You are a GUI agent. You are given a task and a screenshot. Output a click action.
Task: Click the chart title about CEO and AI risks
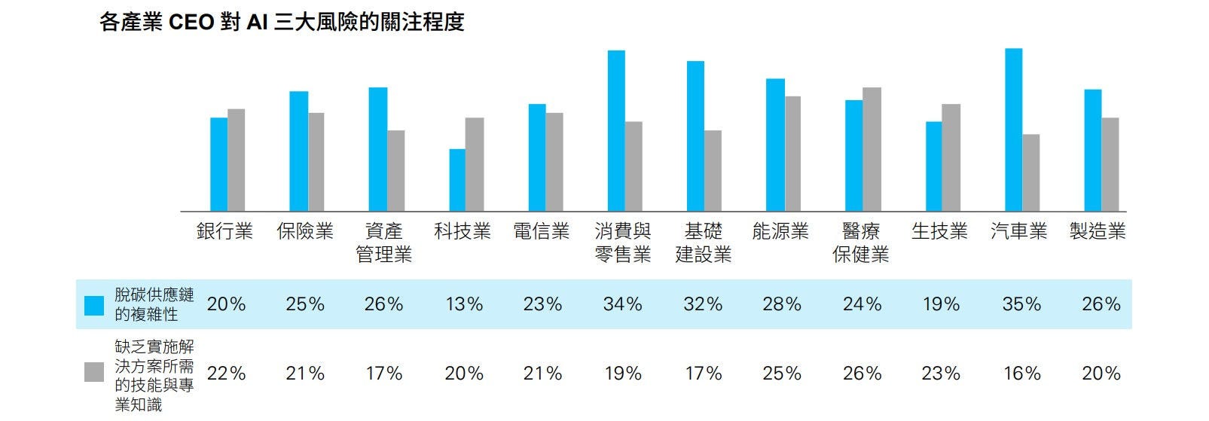pos(282,23)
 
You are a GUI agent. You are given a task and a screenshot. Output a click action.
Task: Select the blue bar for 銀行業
pos(218,164)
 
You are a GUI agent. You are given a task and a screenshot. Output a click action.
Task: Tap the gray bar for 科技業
pos(475,164)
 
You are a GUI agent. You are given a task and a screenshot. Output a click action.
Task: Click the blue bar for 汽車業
pos(1014,130)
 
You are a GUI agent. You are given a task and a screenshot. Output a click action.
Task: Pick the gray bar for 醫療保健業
pos(872,149)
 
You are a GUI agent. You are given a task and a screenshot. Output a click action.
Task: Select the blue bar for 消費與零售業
pos(616,131)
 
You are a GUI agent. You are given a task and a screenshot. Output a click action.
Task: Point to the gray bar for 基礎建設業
pos(713,171)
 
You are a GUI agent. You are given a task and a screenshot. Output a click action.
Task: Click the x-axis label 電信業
pos(541,231)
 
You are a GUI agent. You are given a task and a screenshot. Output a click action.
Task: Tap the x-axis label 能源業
pos(780,231)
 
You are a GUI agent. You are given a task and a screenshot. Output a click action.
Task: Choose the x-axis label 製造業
pos(1098,231)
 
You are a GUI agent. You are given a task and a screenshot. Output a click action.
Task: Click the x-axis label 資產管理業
pos(383,243)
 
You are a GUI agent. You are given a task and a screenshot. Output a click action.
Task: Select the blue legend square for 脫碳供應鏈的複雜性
pos(94,305)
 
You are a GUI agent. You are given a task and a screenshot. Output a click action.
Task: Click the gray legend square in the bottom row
pos(94,372)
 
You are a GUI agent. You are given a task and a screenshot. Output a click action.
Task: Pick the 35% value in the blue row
pos(1021,304)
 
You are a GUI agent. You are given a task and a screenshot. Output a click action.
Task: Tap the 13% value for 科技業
pos(463,304)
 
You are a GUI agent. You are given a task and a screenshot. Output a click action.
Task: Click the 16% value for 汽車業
pos(1021,374)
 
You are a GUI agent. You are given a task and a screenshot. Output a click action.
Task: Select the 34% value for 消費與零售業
pos(622,304)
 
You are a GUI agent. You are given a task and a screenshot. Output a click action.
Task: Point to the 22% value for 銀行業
pos(226,374)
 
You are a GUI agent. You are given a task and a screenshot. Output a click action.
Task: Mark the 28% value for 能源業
pos(782,304)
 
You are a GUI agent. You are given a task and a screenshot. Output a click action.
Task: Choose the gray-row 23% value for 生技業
pos(941,374)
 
